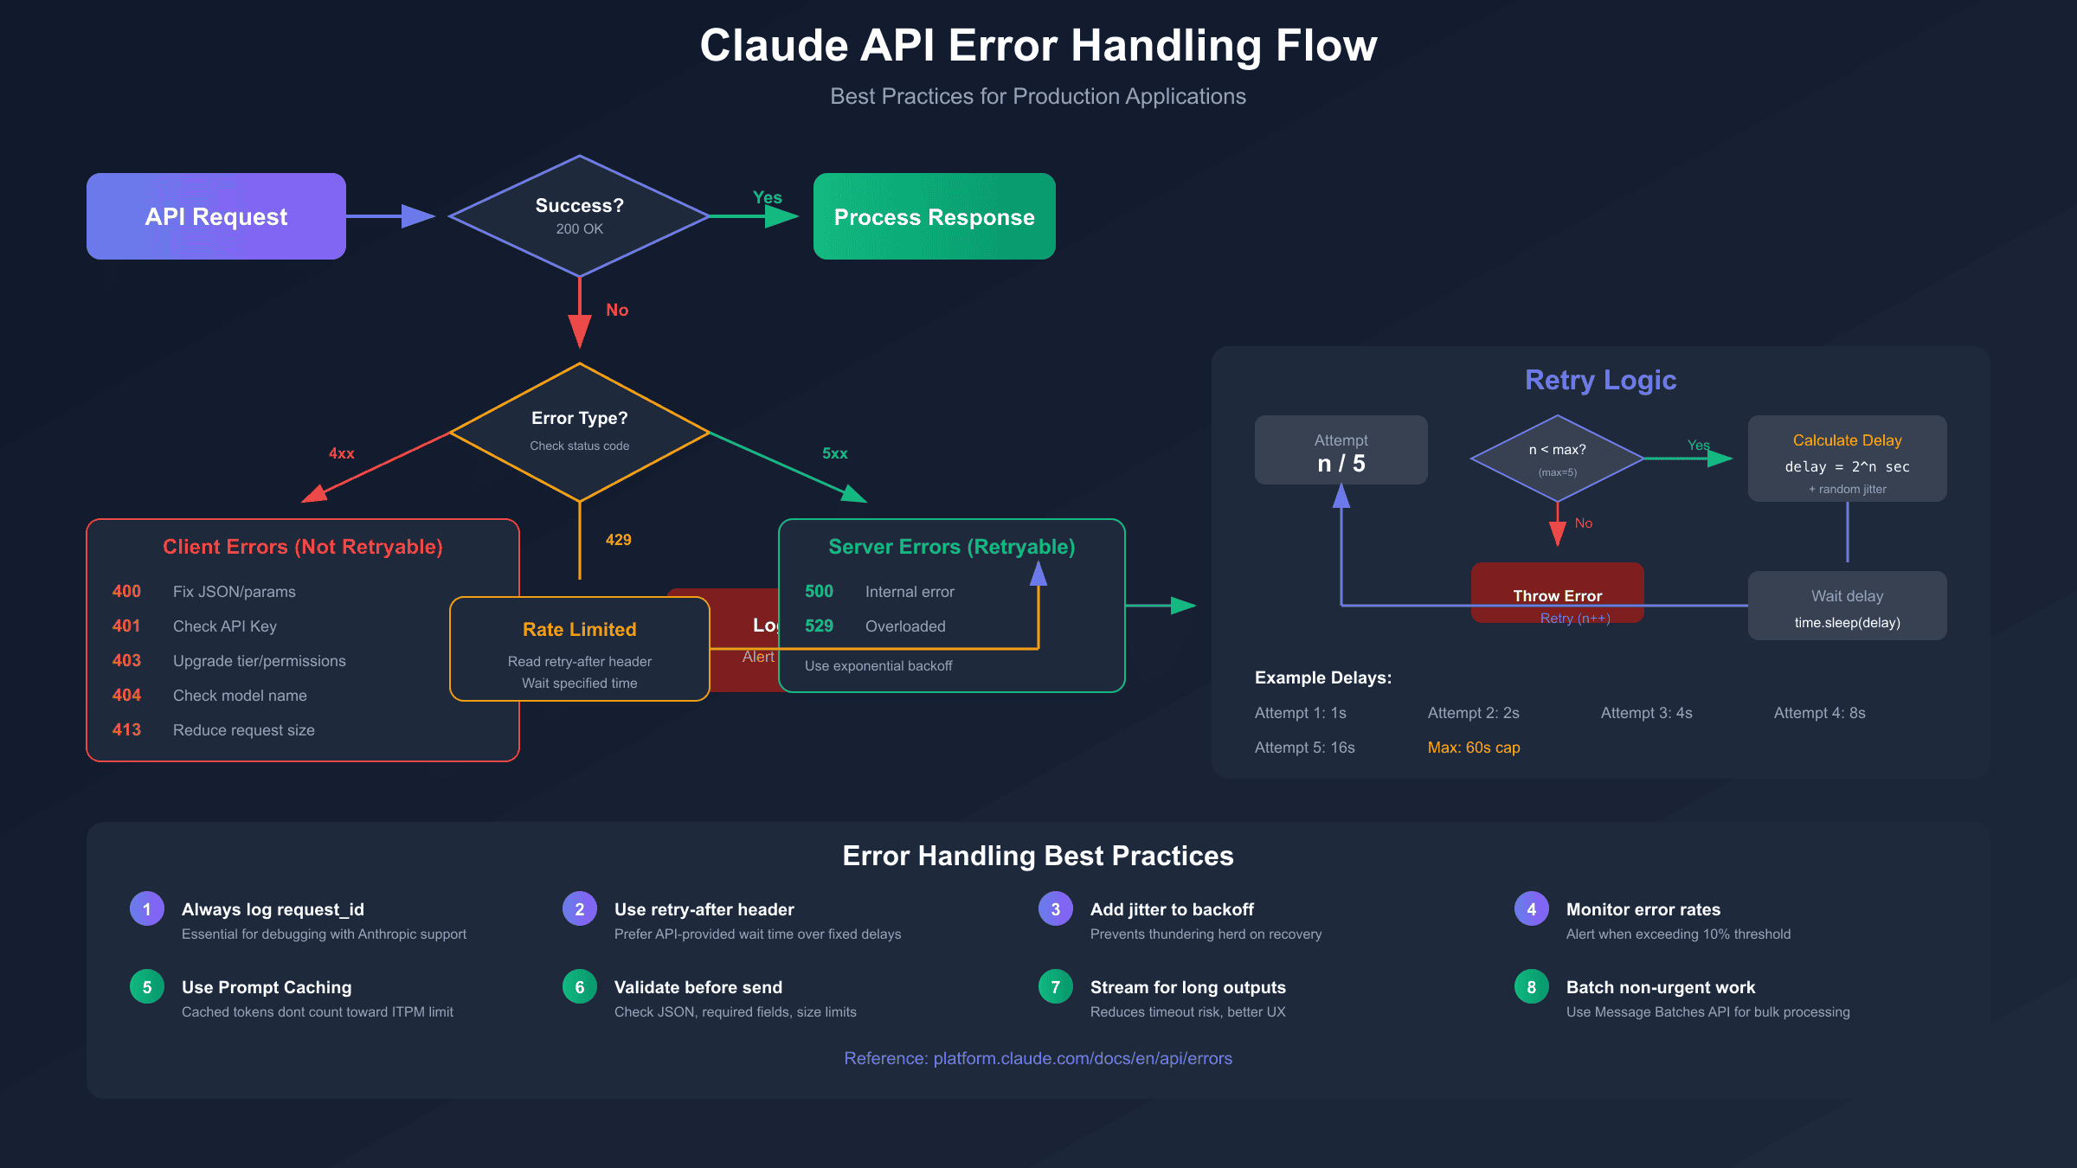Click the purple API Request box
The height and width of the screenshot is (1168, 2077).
[216, 216]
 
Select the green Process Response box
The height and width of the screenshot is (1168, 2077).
[934, 216]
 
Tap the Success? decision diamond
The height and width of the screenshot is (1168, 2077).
[579, 215]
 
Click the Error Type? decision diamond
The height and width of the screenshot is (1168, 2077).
[579, 430]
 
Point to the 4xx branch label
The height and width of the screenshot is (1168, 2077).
[342, 453]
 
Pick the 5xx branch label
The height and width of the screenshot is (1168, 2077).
[835, 453]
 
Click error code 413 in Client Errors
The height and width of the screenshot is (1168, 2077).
[126, 729]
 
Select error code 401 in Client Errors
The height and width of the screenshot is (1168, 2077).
[126, 626]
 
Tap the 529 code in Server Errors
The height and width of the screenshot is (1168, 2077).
[819, 626]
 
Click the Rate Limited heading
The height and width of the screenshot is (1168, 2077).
[579, 629]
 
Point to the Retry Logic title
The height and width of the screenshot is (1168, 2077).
[1600, 380]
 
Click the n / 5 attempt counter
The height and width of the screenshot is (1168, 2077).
[1341, 464]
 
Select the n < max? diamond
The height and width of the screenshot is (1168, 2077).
[1557, 457]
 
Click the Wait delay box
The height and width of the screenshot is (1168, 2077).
[1847, 606]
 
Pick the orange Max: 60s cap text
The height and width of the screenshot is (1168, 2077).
[1474, 748]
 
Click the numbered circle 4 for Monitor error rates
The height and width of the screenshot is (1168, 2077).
[1531, 908]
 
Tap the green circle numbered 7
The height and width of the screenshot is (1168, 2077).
[1055, 986]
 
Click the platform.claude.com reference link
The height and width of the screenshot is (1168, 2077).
[1038, 1058]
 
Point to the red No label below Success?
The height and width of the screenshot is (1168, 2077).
[617, 310]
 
